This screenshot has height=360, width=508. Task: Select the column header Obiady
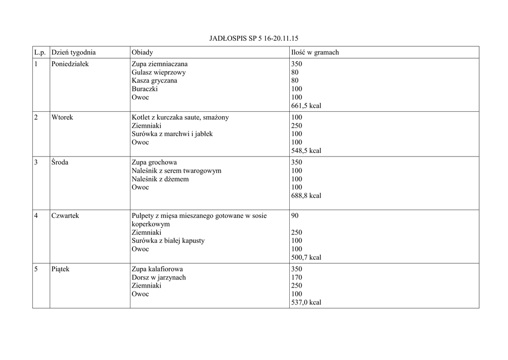142,52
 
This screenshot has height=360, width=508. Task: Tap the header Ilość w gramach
315,52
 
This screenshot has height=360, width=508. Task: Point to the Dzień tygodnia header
73,52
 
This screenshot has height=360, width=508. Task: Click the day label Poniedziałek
70,64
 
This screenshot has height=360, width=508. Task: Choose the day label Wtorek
62,117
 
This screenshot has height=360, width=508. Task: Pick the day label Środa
60,162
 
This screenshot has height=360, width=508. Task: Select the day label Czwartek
65,216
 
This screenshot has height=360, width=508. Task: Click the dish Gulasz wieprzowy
159,72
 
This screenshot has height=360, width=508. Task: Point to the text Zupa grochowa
154,162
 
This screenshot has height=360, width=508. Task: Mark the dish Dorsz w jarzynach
159,278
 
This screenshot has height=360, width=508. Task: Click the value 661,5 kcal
306,106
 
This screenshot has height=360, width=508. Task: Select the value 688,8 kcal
306,196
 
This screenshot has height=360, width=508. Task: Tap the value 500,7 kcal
306,257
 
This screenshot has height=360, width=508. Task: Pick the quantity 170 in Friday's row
297,278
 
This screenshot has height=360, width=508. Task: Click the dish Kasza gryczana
154,80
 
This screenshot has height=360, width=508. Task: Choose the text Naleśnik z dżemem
160,179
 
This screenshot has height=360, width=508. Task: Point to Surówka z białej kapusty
168,241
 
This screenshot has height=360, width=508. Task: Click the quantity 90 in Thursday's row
295,216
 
